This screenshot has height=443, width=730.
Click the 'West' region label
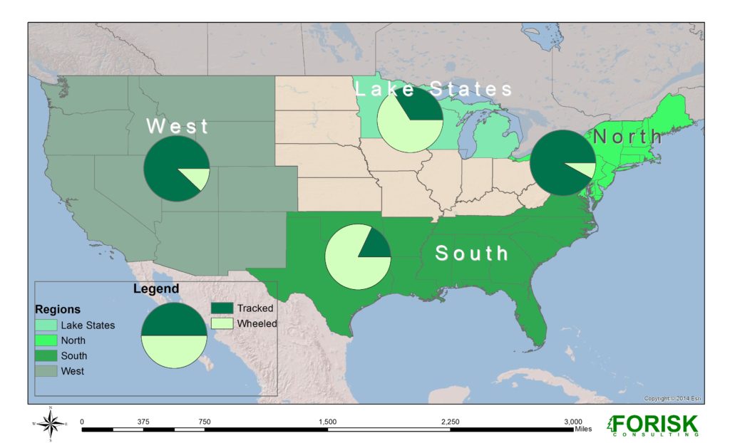tap(178, 127)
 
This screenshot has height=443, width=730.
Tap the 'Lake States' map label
tap(434, 89)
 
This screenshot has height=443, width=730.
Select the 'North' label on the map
tap(627, 136)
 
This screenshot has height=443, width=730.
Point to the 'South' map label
tap(472, 253)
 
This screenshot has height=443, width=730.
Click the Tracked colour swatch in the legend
tap(222, 308)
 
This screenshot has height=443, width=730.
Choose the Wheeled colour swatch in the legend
tap(222, 323)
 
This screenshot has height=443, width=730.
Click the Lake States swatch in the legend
tap(46, 325)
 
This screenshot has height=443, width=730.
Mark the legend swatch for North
tap(46, 340)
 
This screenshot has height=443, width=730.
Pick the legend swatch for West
tap(46, 371)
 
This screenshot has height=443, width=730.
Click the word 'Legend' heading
tap(156, 289)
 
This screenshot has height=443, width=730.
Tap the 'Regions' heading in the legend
tap(58, 310)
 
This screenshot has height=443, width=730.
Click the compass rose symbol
tap(50, 424)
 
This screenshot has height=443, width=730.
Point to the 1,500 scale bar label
tap(327, 421)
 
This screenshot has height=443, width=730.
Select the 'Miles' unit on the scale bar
tap(582, 429)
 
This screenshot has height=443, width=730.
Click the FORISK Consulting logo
tap(652, 425)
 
